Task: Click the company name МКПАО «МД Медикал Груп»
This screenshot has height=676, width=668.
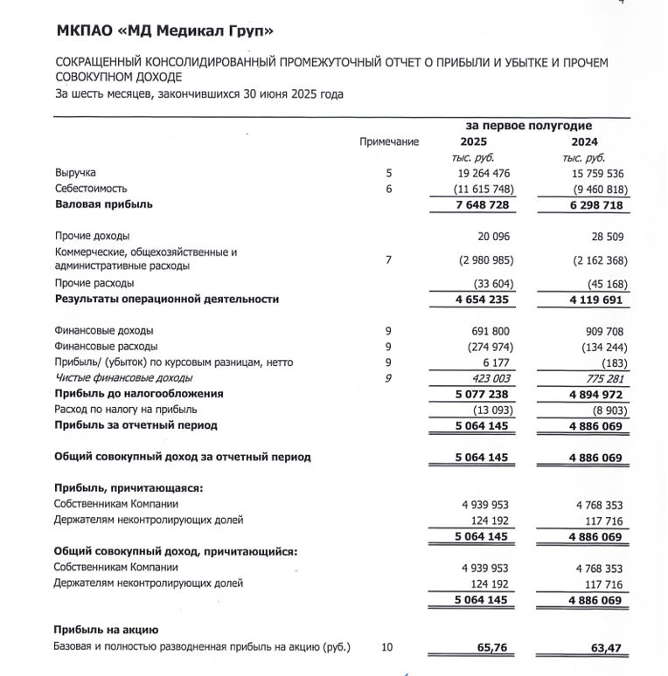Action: (164, 32)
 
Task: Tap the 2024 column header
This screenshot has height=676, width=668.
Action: (585, 141)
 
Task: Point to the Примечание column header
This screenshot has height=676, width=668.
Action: (389, 141)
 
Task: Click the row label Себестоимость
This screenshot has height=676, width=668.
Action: (91, 188)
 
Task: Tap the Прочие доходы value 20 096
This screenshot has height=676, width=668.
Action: (491, 236)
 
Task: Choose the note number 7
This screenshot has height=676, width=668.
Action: (388, 259)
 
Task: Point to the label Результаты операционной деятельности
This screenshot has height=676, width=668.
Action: (167, 299)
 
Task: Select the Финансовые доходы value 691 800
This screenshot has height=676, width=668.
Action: (488, 331)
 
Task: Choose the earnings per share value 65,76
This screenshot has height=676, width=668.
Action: (492, 648)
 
